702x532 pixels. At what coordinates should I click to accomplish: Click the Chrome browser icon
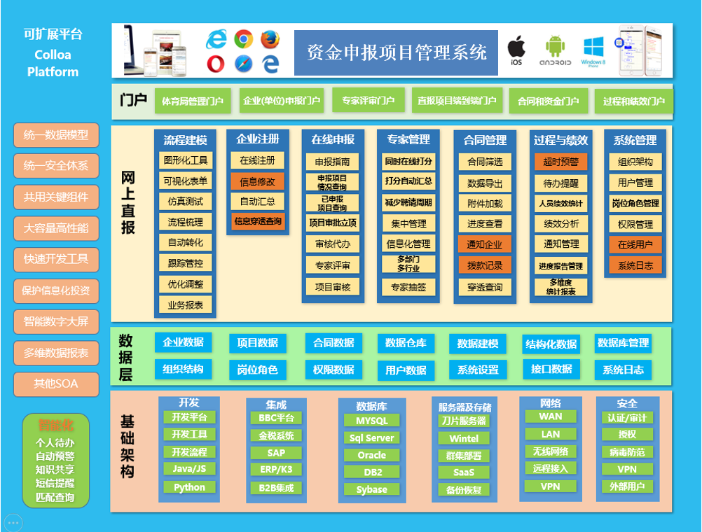243,39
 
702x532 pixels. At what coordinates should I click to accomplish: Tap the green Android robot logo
555,47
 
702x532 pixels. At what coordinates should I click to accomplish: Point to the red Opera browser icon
216,64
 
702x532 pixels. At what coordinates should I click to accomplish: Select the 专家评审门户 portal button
369,101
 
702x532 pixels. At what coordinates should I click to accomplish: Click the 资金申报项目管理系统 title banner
396,52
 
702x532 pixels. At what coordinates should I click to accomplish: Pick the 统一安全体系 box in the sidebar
56,166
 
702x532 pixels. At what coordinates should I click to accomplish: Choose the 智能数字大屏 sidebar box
56,322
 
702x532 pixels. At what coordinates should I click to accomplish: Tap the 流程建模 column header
186,140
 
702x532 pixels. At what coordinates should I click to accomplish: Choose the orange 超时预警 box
560,162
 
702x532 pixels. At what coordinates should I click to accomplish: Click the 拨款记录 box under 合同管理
485,266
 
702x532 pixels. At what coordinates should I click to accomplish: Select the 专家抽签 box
408,287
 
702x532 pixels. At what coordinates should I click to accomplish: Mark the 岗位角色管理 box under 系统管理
635,204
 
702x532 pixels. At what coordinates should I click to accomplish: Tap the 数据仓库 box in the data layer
406,343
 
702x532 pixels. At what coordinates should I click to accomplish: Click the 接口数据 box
551,369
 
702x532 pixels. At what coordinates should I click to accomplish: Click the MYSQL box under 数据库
371,421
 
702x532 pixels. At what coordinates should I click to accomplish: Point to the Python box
189,487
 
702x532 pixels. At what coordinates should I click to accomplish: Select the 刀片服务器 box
463,421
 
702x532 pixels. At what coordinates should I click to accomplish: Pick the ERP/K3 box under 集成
276,470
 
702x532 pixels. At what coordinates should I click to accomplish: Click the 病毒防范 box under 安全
627,452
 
